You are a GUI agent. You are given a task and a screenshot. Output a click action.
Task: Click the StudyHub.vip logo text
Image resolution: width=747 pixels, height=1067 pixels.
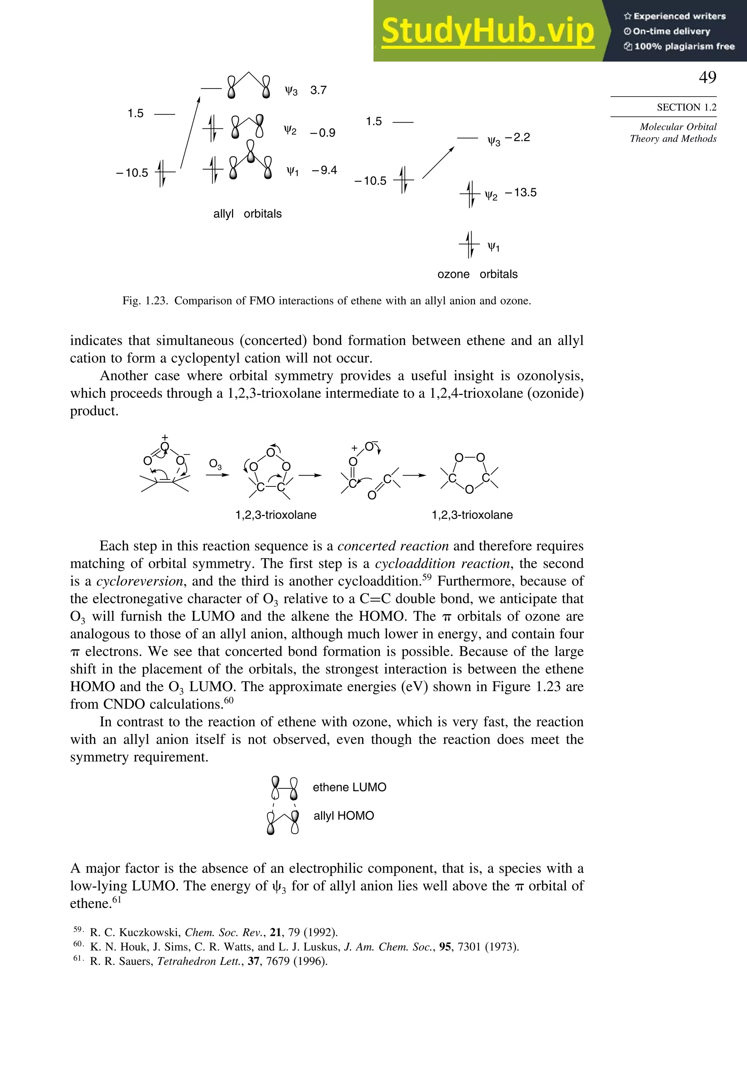pyautogui.click(x=488, y=31)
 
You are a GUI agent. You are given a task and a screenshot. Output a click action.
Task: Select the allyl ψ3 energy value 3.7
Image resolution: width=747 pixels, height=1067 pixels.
pyautogui.click(x=318, y=90)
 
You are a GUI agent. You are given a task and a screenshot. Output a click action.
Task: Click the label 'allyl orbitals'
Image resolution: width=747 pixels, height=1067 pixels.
pyautogui.click(x=247, y=214)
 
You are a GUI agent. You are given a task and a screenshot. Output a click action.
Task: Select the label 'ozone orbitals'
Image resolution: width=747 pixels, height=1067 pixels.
pyautogui.click(x=477, y=274)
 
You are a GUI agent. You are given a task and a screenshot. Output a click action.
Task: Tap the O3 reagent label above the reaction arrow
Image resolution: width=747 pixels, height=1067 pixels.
pyautogui.click(x=215, y=464)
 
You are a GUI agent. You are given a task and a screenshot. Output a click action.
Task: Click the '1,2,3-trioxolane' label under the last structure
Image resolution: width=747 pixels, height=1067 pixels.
pyautogui.click(x=472, y=515)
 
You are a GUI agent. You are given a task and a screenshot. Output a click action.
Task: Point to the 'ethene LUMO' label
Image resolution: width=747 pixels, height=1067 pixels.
pyautogui.click(x=349, y=787)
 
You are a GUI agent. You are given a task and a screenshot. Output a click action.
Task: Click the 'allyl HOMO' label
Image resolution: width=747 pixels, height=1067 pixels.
pyautogui.click(x=344, y=816)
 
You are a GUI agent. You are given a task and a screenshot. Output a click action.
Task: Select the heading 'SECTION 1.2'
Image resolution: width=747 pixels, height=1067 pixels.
pyautogui.click(x=686, y=107)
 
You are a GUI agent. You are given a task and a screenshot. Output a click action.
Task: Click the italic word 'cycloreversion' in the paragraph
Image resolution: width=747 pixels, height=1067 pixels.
pyautogui.click(x=139, y=581)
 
